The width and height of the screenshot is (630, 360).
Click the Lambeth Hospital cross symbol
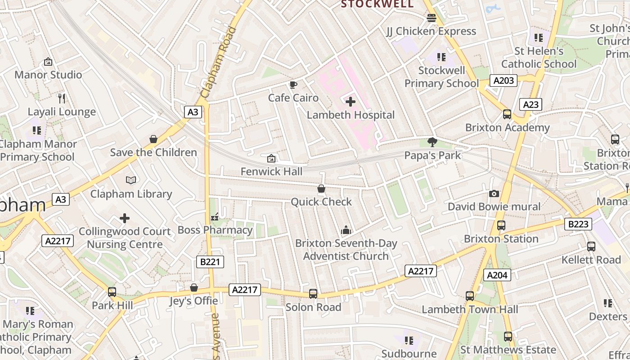pos(351,102)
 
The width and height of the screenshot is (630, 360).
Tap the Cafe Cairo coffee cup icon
pos(293,85)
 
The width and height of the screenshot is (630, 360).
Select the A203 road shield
pos(504,81)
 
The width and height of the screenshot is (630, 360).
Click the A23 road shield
pos(531,104)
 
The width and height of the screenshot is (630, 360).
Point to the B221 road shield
pos(210,261)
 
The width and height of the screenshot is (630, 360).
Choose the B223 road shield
pos(578,224)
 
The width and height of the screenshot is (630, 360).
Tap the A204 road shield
pos(497,274)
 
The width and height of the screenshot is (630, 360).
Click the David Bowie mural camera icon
pos(494,193)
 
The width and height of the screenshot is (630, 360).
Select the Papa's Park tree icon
pos(432,142)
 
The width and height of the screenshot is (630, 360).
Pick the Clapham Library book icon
pos(131,180)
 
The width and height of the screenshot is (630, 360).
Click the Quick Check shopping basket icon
pos(321,189)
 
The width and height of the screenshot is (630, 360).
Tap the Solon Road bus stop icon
pos(313,294)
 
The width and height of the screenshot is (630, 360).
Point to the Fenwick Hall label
pos(271,171)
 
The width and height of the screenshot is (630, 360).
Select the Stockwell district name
pos(377,4)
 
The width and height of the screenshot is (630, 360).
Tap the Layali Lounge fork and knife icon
pos(62,98)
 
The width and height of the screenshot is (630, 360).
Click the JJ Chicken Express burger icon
pos(432,18)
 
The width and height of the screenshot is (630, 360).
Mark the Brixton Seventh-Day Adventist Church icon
pos(346,230)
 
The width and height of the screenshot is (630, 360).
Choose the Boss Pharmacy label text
pos(215,230)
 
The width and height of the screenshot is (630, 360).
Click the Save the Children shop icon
pos(153,139)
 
